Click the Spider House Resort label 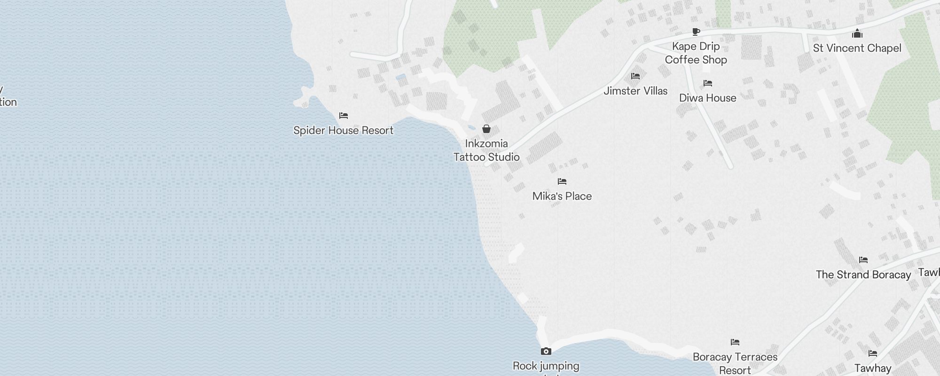click(343, 130)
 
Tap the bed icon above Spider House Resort click(344, 116)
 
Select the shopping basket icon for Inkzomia click(486, 129)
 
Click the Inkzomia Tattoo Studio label click(486, 150)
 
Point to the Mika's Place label click(562, 196)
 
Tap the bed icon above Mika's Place click(562, 181)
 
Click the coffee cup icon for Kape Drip click(696, 32)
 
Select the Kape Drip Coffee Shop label click(696, 53)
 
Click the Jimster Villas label click(635, 91)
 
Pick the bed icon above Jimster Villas click(635, 76)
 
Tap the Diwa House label click(707, 98)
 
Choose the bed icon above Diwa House click(708, 84)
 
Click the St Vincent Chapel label click(857, 48)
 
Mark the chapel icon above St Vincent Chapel click(857, 33)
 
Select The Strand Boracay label click(863, 274)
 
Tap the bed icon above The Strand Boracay click(863, 260)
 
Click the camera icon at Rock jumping click(546, 351)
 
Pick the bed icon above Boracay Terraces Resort click(735, 342)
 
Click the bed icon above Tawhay click(873, 353)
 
